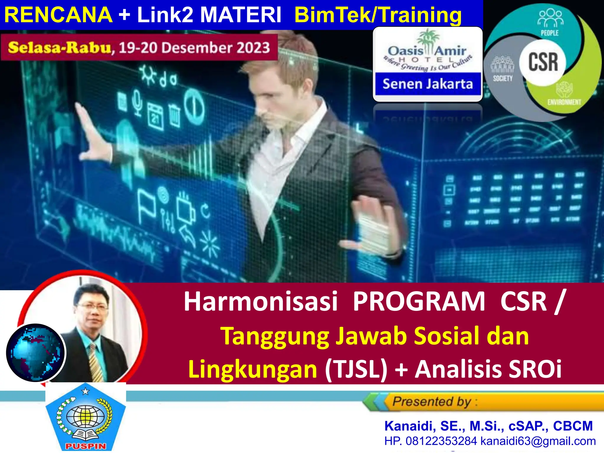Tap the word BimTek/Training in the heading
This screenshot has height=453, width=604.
tap(378, 15)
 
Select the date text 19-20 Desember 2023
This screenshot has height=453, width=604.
tap(194, 48)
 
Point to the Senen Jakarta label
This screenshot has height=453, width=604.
tap(428, 84)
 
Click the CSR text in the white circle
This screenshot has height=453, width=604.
tap(543, 62)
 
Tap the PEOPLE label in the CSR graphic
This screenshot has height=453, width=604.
tap(549, 33)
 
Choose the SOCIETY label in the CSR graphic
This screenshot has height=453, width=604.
tap(503, 78)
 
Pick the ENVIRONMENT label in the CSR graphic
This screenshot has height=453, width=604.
tap(564, 102)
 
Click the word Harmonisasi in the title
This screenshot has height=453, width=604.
tap(260, 302)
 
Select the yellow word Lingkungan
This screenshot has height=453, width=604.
tap(253, 369)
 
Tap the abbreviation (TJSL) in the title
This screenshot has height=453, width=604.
tap(356, 369)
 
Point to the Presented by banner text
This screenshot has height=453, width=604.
tap(432, 402)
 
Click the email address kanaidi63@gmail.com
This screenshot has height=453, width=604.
tap(538, 441)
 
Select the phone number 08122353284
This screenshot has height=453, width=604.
tap(441, 441)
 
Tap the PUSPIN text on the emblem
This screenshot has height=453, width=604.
tap(85, 446)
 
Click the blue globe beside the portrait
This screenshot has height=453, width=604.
tap(35, 353)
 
